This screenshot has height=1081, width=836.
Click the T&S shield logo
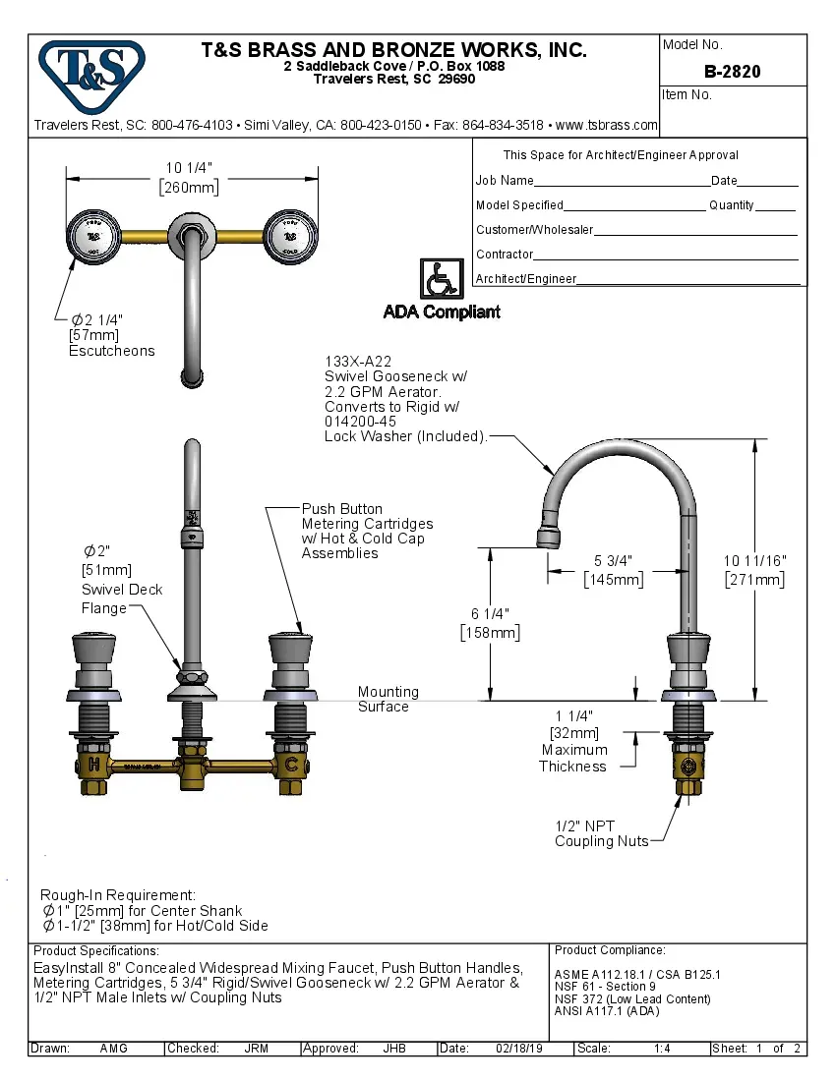point(90,74)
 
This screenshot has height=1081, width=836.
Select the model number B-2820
point(732,72)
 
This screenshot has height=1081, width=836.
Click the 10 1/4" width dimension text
point(189,168)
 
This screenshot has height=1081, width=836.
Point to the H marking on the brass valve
point(93,764)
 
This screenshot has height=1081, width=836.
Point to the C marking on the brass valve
point(291,764)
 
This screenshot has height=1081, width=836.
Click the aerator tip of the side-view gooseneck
point(551,536)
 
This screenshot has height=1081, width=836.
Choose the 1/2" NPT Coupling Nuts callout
point(601,833)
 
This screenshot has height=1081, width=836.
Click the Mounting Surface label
point(388,699)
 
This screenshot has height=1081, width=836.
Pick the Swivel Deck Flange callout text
point(121,598)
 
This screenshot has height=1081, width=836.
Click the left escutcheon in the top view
point(92,237)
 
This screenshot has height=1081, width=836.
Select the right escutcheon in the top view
point(291,237)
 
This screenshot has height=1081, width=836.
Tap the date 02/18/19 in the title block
point(519,1049)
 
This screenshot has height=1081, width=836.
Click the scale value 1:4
point(662,1049)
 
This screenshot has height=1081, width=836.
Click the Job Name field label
point(505,181)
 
